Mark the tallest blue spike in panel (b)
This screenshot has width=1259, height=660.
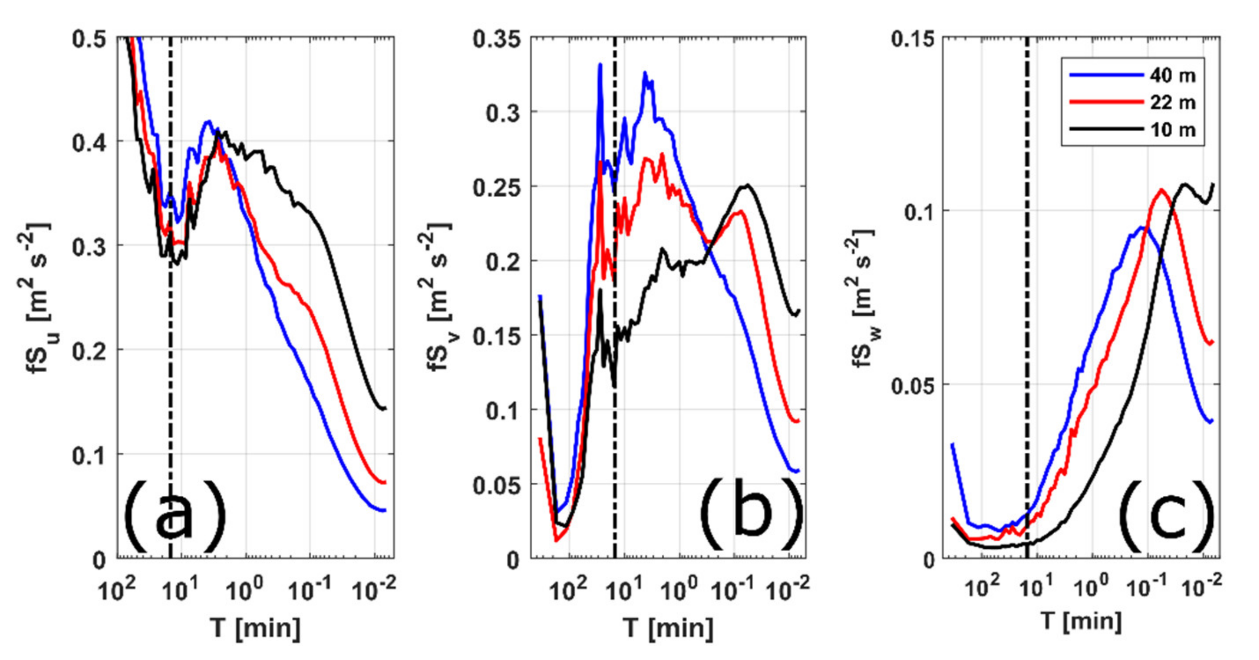pyautogui.click(x=600, y=65)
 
